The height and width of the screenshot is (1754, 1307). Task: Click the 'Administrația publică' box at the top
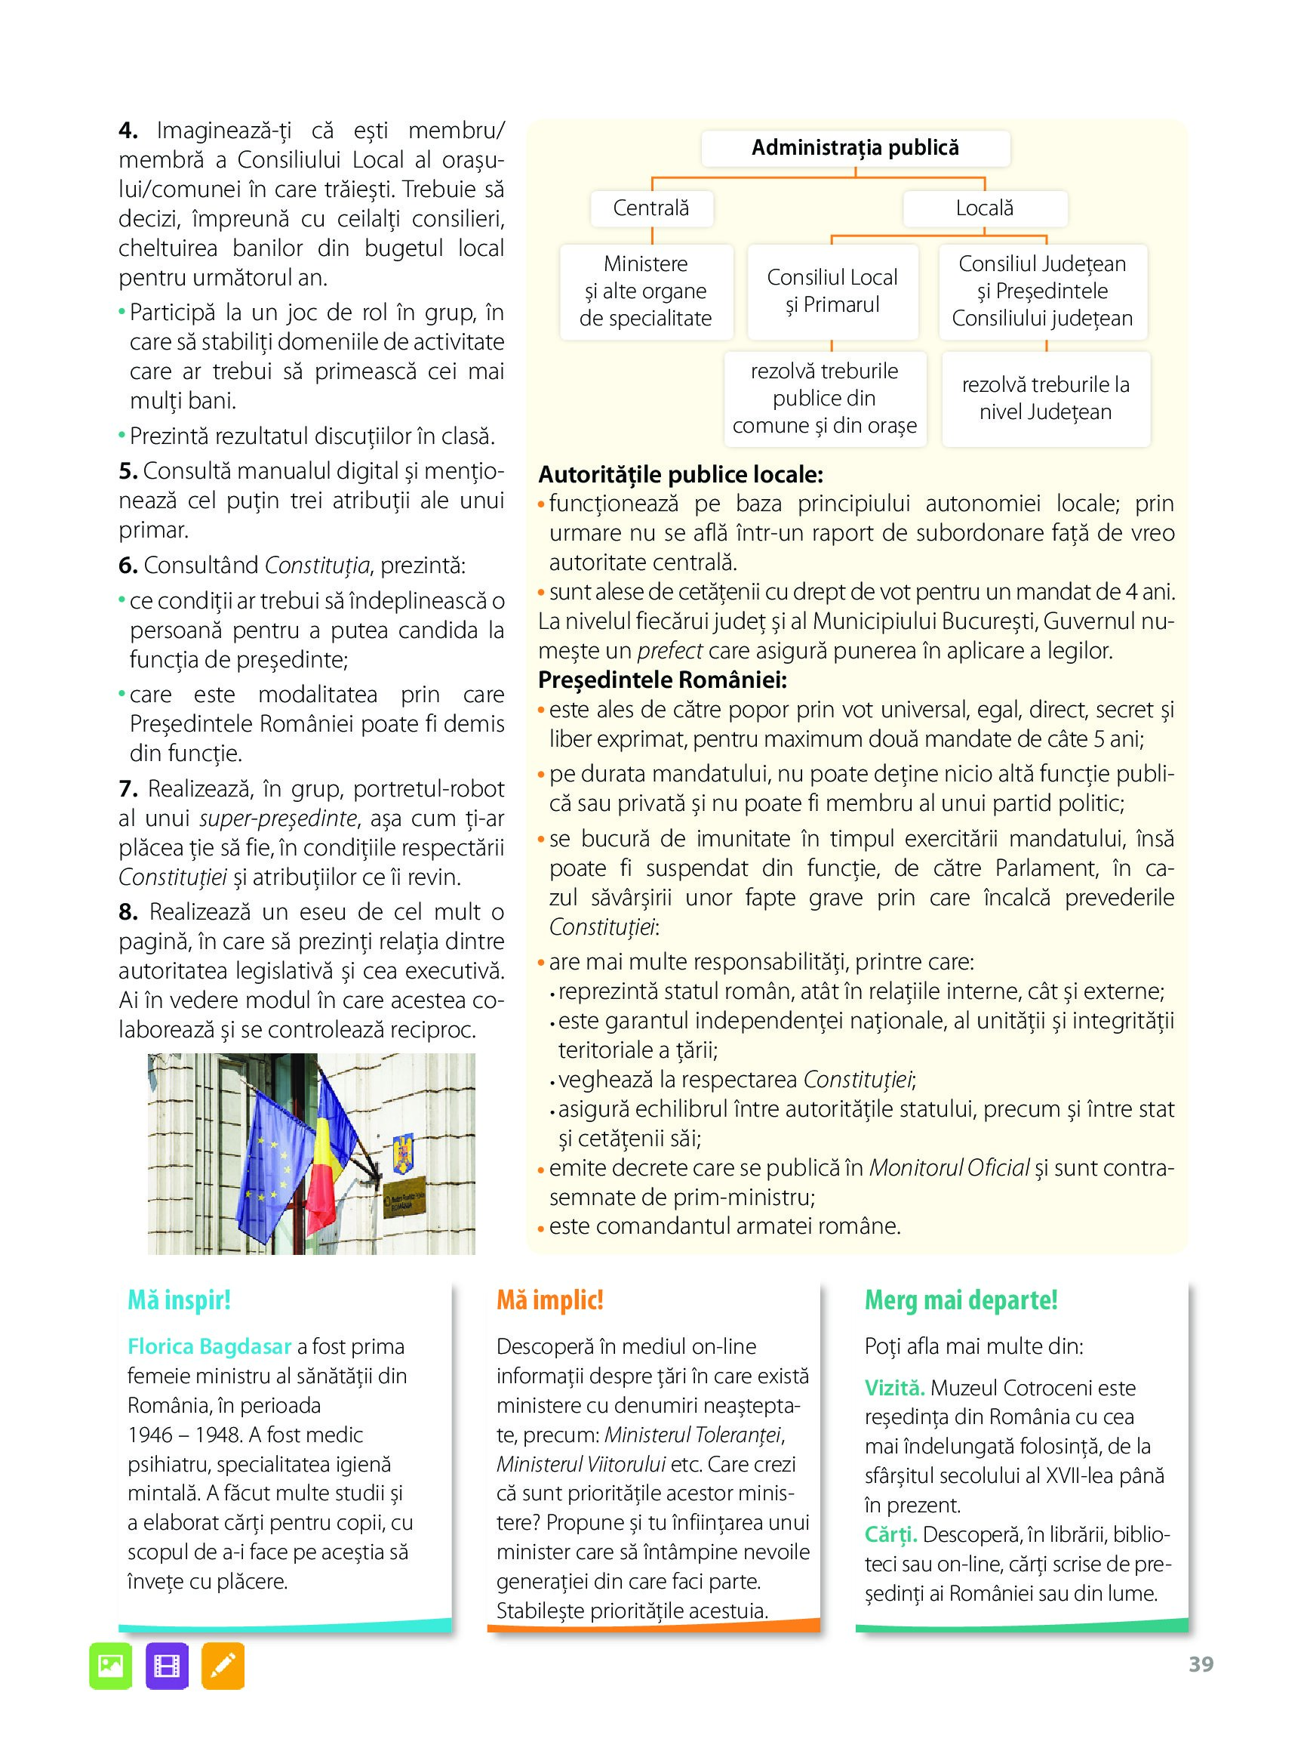[855, 148]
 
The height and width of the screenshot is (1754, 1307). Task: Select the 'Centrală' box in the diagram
[651, 208]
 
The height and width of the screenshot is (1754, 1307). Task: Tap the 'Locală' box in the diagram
[984, 208]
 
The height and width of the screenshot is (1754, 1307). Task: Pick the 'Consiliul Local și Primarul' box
[832, 291]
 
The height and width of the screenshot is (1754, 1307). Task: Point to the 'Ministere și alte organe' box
[646, 291]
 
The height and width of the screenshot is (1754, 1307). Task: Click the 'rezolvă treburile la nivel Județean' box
[1045, 398]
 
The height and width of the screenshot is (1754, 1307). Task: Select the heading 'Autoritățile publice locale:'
[681, 475]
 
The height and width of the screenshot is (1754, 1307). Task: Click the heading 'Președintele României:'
[663, 680]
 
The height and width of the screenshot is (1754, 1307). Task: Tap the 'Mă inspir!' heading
[179, 1299]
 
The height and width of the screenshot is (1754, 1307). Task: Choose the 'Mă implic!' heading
[550, 1299]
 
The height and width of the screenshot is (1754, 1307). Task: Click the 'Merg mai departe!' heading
[961, 1299]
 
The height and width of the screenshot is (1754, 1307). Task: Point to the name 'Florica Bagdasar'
[210, 1346]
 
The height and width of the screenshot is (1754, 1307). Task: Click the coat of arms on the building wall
[403, 1154]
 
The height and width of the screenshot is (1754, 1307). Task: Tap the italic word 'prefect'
[669, 651]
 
